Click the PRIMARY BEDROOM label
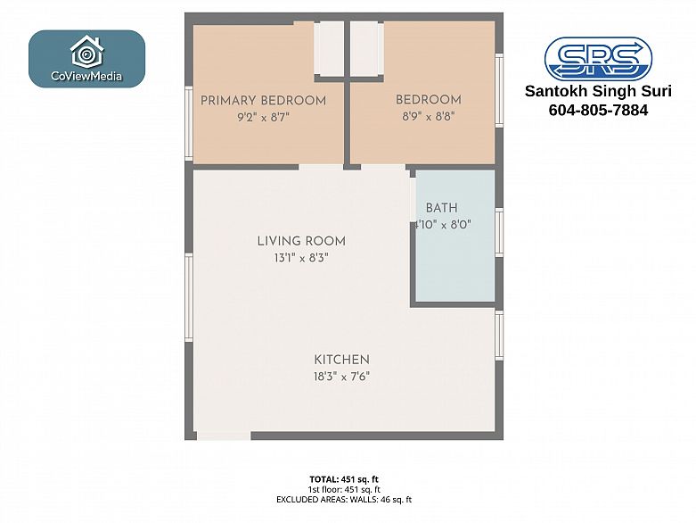(263, 101)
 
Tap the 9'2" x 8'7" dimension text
(263, 117)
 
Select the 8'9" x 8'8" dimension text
(429, 116)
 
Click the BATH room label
(441, 208)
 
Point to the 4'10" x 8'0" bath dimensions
(443, 224)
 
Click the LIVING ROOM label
(301, 241)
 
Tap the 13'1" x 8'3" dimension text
(301, 258)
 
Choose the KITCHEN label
(342, 360)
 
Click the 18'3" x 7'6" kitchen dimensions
(342, 377)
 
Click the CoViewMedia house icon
(87, 52)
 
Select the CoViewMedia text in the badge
(86, 76)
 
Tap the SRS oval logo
(598, 58)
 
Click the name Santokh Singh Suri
(598, 91)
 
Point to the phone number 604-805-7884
(598, 110)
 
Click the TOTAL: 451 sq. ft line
(344, 479)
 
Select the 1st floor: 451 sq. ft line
(344, 489)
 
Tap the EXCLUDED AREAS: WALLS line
(344, 500)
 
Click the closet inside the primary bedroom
(329, 48)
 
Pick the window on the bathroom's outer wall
(499, 232)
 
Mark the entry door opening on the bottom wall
(224, 436)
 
